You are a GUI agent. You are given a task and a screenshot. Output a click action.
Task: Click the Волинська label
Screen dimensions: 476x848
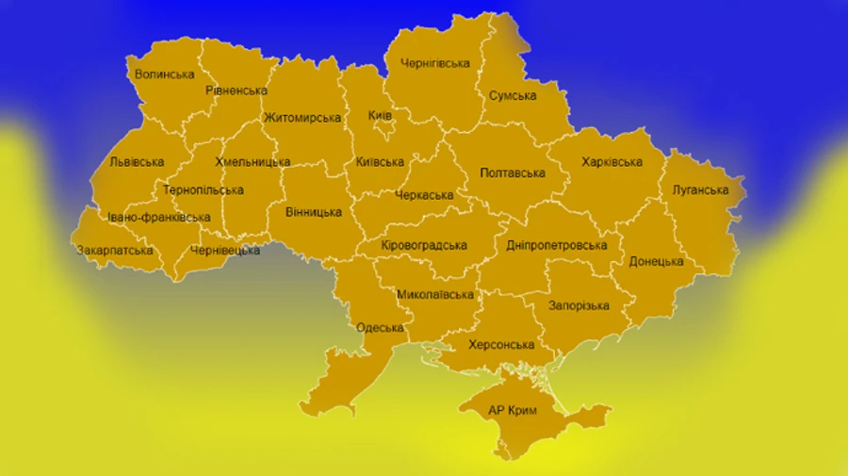coord(164,74)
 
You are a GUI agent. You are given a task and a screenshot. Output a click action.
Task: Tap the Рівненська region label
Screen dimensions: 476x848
coord(236,90)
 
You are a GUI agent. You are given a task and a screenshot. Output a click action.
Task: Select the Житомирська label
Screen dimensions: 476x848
coord(302,118)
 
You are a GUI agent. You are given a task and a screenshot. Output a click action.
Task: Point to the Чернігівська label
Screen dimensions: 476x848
coord(434,63)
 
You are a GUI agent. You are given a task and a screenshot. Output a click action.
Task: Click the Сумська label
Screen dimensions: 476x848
coord(513,95)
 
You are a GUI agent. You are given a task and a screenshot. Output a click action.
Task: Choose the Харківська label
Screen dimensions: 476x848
coord(612,162)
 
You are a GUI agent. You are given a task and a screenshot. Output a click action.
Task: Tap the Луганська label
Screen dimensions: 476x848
coord(700,189)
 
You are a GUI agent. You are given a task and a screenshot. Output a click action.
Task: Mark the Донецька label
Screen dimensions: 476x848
coord(656,261)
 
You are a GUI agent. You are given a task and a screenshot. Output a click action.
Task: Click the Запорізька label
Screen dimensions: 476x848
coord(579,305)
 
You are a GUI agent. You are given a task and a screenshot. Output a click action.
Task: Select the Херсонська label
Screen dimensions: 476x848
coord(501,345)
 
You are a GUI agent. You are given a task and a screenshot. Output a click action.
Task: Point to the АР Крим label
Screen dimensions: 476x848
coord(514,411)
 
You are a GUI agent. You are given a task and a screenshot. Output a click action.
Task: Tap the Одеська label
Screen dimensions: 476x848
coord(381,328)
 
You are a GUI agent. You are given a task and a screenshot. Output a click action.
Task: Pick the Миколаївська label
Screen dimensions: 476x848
coord(434,294)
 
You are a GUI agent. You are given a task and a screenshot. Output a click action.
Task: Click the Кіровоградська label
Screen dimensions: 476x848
coord(424,245)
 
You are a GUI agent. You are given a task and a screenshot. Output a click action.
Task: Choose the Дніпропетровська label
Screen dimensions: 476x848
coord(556,245)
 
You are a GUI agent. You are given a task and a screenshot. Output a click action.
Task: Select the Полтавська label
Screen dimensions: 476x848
coord(513,172)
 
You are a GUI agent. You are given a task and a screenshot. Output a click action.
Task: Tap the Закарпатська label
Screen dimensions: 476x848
coord(115,251)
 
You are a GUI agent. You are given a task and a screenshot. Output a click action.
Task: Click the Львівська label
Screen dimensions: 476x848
coord(137,162)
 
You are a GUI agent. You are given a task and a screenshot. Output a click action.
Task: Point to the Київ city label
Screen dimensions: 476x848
coord(380,115)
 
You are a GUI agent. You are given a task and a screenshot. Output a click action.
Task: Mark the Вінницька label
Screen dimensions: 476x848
coord(313,212)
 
